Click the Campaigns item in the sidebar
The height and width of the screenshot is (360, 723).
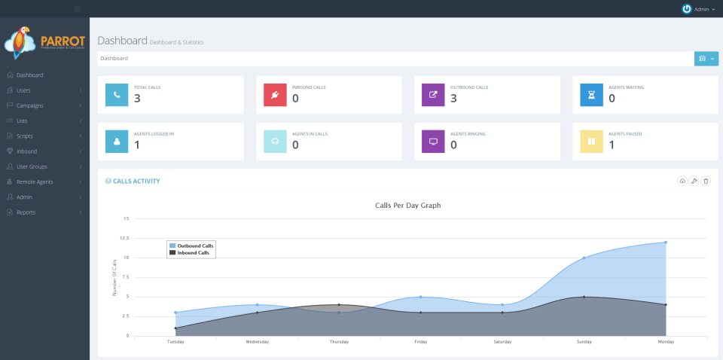[x=29, y=105]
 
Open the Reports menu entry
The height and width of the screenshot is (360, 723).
[x=26, y=212]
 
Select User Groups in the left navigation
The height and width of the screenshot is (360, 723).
[x=32, y=166]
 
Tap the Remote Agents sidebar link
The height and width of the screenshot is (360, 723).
[x=35, y=182]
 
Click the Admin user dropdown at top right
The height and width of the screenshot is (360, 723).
[x=698, y=9]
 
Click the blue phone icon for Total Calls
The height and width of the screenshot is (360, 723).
[x=117, y=95]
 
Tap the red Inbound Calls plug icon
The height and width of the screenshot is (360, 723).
[x=275, y=95]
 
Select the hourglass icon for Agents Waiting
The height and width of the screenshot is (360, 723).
[x=591, y=95]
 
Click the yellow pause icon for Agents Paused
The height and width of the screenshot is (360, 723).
[x=591, y=141]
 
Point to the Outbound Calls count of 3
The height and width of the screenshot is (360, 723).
[x=454, y=99]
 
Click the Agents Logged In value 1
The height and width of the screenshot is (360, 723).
[x=137, y=145]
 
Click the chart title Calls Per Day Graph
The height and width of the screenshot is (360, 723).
[x=407, y=206]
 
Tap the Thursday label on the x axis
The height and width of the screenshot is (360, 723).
[x=339, y=342]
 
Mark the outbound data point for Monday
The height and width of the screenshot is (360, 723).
[x=666, y=243]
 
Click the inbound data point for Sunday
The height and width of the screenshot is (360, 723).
[x=584, y=297]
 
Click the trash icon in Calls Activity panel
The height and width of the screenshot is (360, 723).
[x=706, y=181]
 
